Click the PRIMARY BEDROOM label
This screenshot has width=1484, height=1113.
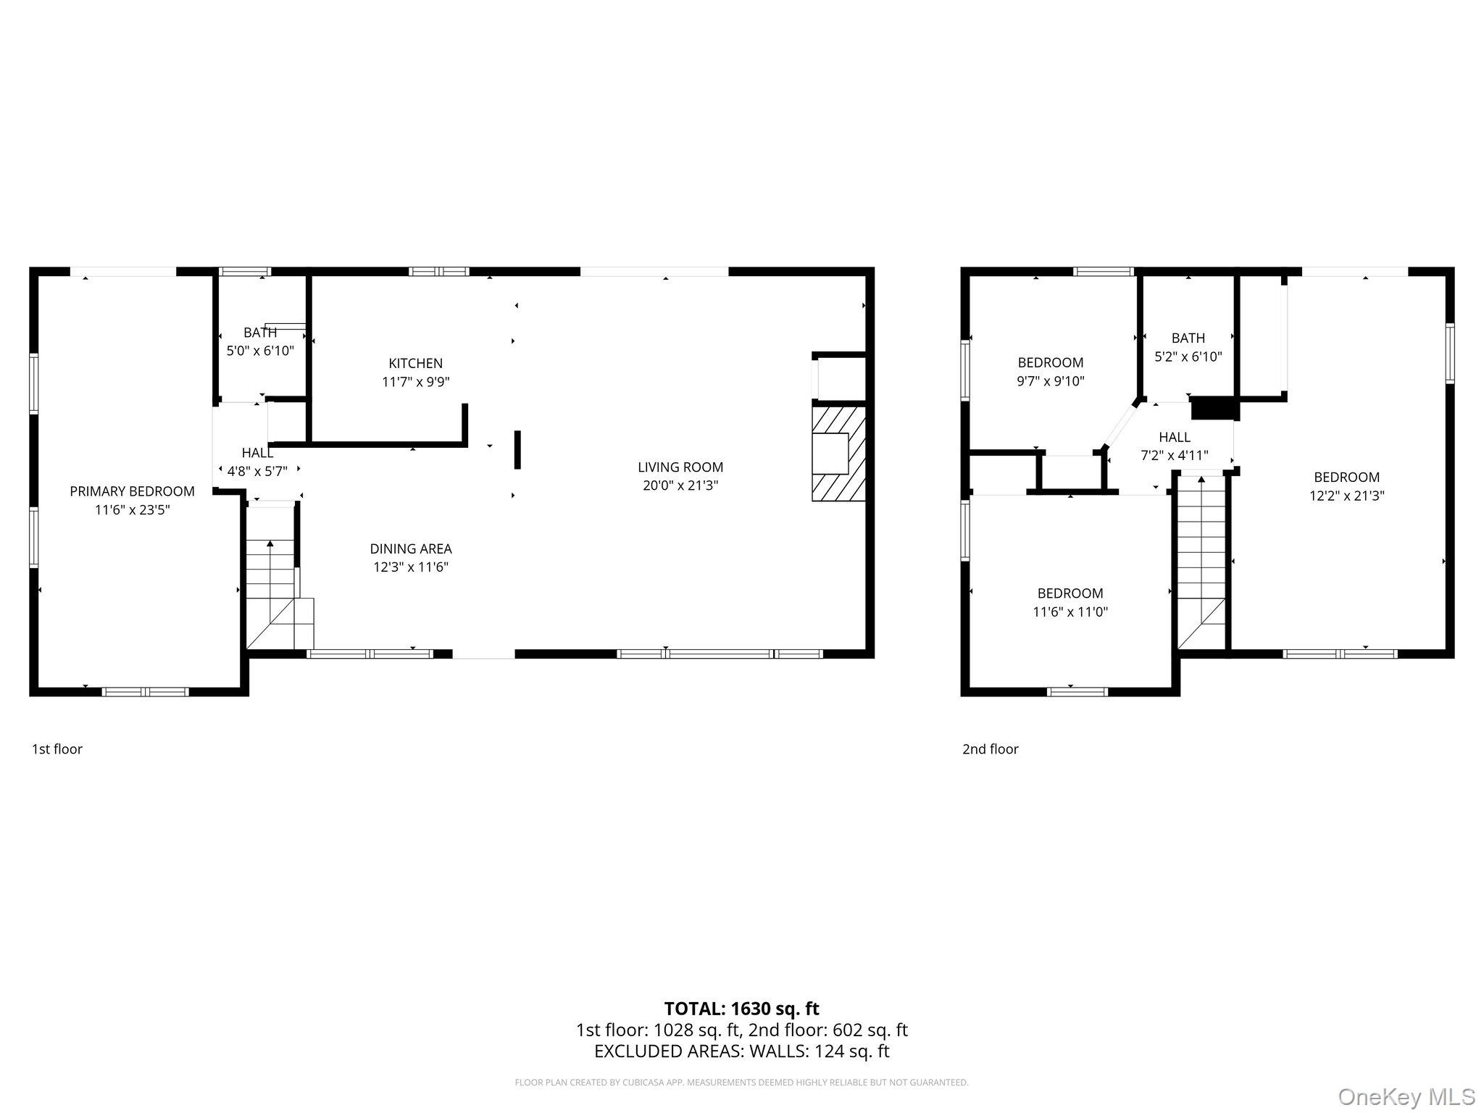[132, 491]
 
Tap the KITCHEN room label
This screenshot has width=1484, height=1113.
[415, 363]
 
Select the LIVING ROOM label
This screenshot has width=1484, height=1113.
[680, 467]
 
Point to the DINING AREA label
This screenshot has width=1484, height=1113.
[411, 549]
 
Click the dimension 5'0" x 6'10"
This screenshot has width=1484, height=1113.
[260, 351]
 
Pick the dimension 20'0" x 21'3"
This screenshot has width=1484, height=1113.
[680, 485]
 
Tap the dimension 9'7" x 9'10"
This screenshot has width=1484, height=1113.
[1051, 380]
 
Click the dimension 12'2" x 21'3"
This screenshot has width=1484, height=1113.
[1346, 496]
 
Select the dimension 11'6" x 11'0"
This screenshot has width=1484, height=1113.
[1070, 612]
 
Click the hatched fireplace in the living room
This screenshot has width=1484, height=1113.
[838, 454]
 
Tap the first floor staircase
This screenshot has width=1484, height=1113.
[279, 578]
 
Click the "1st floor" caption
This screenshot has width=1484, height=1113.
[57, 749]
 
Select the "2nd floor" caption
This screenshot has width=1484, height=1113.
[990, 749]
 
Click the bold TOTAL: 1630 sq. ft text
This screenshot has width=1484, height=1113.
[741, 1009]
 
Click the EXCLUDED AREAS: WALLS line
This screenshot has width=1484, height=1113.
[741, 1051]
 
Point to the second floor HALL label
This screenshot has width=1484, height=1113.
[1174, 437]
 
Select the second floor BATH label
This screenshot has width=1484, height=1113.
[1188, 338]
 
